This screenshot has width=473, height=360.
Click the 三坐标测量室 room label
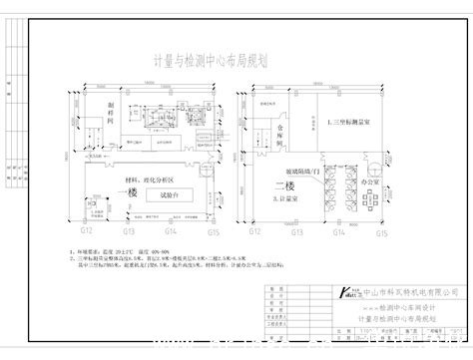tap(354, 118)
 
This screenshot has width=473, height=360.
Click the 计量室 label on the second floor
tap(286, 201)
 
